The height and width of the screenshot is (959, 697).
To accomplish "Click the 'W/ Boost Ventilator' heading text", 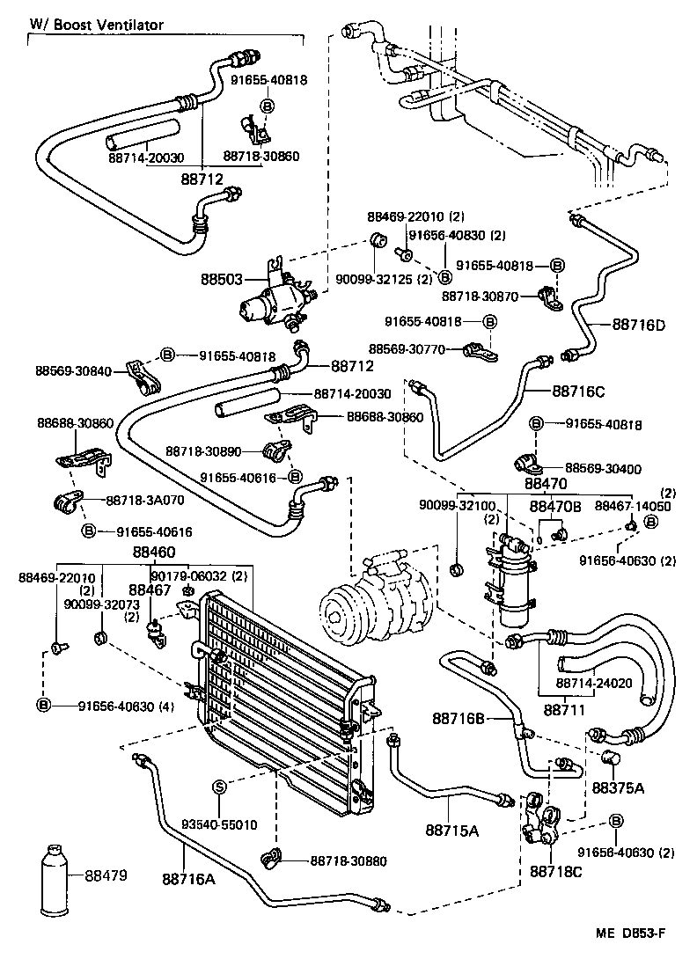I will (96, 25).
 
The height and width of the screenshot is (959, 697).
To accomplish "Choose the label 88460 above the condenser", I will (154, 552).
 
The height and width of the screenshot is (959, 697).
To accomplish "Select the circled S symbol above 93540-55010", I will (219, 786).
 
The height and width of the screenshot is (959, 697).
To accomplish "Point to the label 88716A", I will (187, 877).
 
